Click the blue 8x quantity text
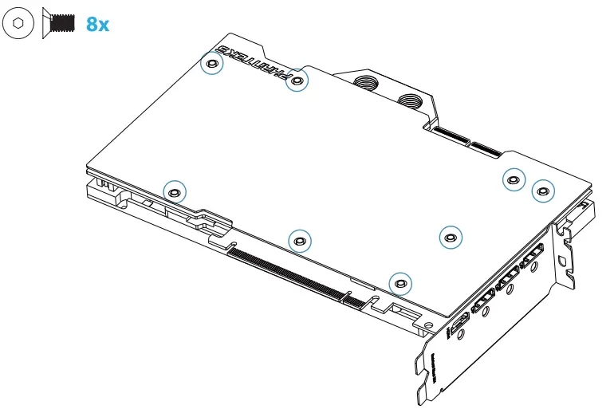pos(96,24)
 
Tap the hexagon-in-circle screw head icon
pos(18,24)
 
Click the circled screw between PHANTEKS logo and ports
pos(297,81)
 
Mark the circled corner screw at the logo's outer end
pos(211,64)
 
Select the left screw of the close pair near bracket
pos(514,179)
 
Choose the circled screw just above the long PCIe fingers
pos(300,239)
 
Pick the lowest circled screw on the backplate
pos(400,282)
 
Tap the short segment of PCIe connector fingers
pos(352,297)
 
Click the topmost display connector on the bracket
pos(531,258)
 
